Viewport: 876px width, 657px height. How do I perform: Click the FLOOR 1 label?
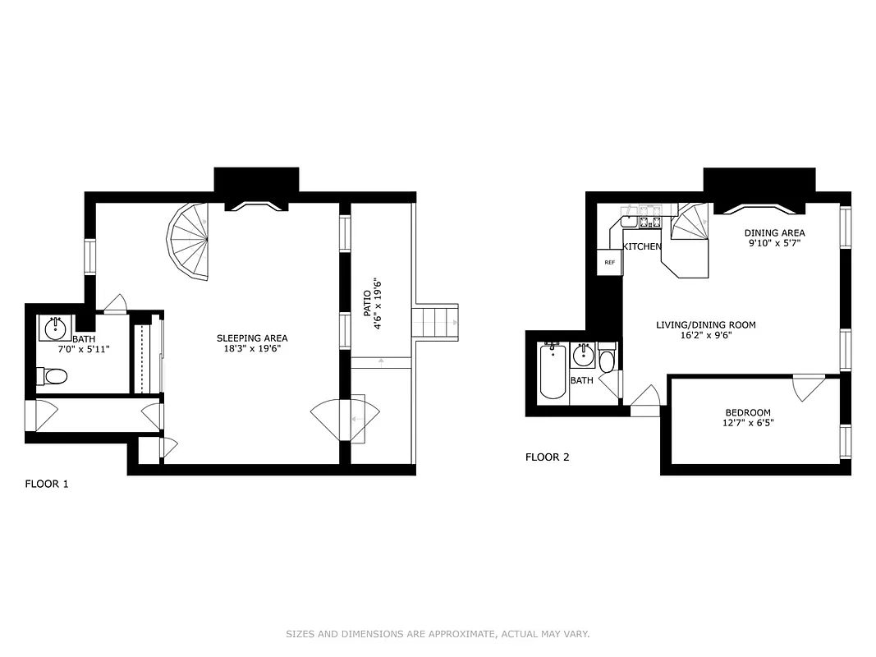tap(47, 484)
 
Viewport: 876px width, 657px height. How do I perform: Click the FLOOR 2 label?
tap(547, 457)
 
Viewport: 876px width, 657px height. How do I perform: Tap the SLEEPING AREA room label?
tap(252, 338)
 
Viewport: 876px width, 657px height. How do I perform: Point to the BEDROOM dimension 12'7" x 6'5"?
tap(747, 424)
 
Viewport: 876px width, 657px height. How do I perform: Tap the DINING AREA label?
tap(774, 232)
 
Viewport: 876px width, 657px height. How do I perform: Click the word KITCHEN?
tap(642, 246)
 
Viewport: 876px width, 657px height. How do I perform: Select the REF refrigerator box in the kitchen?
tap(609, 263)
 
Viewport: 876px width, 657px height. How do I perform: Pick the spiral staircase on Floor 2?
tap(690, 223)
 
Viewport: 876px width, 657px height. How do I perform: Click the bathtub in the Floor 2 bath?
tap(553, 372)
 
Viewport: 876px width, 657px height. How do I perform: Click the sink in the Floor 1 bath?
tap(55, 328)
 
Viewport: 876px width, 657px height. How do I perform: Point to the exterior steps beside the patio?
tap(435, 320)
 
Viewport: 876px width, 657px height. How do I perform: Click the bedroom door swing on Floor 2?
tap(809, 387)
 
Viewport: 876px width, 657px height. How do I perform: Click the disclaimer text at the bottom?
tap(438, 634)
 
